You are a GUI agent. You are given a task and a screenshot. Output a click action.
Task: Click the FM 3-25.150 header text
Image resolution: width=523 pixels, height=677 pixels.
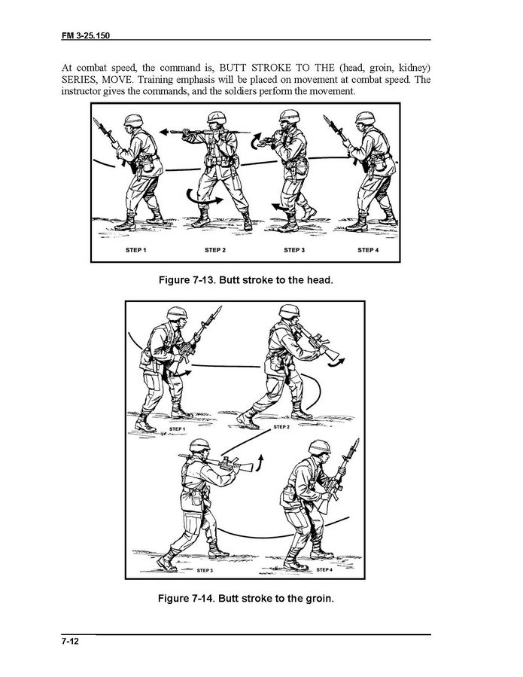tap(86, 35)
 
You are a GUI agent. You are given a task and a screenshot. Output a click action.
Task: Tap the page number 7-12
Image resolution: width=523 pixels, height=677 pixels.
tap(70, 641)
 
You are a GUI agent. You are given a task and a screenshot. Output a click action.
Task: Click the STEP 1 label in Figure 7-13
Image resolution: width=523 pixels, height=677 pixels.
tap(136, 250)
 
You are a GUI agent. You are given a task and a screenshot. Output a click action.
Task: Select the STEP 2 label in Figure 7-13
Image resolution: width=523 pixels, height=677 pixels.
tap(215, 250)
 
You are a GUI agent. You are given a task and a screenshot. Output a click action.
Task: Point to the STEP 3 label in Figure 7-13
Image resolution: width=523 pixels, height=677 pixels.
tap(294, 250)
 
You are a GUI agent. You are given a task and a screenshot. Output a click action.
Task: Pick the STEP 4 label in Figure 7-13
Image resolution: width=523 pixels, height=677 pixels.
tap(368, 250)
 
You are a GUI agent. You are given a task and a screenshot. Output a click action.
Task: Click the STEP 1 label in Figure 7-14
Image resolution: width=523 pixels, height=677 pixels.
tap(178, 429)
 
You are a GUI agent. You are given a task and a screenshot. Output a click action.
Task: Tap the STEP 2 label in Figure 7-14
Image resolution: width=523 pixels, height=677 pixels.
tap(281, 427)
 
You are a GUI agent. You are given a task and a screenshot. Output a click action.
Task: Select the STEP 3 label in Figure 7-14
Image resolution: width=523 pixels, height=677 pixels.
tap(205, 570)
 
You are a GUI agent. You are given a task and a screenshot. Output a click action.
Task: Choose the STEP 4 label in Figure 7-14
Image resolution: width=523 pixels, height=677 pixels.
tap(324, 569)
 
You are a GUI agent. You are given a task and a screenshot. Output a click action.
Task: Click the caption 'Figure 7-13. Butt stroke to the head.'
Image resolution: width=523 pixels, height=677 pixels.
tap(246, 280)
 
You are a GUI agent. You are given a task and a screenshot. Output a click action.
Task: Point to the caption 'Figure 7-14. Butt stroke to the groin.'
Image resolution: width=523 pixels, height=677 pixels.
tap(246, 599)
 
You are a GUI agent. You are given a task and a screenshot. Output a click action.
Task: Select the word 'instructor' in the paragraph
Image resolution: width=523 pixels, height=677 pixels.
tap(81, 92)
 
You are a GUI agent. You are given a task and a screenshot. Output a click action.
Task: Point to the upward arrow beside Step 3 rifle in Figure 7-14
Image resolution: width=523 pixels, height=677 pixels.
tap(260, 462)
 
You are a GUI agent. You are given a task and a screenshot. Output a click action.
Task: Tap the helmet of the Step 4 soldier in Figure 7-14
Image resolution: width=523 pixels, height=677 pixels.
tap(319, 447)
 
